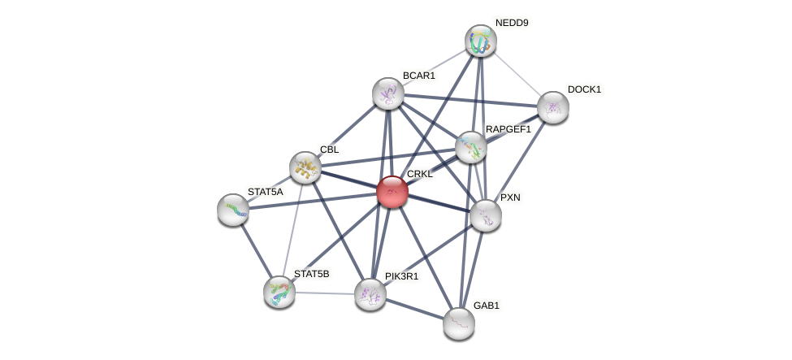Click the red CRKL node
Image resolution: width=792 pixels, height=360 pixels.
(x=392, y=192)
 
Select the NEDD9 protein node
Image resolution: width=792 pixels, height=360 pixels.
(x=481, y=41)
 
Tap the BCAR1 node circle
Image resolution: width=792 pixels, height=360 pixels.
(x=388, y=93)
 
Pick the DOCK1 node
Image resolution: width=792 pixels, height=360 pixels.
(x=553, y=107)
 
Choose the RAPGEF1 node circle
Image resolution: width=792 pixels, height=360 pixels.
(x=470, y=147)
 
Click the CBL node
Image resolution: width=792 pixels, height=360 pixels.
(x=305, y=167)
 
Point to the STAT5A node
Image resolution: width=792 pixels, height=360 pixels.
(x=233, y=210)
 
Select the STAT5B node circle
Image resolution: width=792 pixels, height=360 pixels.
(x=279, y=292)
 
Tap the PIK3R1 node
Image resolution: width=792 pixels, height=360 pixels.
(x=370, y=294)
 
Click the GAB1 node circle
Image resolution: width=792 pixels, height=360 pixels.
(x=459, y=323)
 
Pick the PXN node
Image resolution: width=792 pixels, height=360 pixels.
(x=486, y=215)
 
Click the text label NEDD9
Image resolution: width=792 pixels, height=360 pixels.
(x=512, y=23)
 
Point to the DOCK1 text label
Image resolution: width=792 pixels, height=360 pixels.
(x=584, y=89)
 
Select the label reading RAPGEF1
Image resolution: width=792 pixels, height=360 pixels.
(x=509, y=129)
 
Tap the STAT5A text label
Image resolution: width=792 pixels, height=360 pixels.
(x=266, y=192)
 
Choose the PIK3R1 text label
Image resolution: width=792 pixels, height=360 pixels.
(x=402, y=276)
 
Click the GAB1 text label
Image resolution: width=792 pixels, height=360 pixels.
(x=487, y=306)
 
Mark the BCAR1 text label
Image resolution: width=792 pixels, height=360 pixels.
(x=419, y=76)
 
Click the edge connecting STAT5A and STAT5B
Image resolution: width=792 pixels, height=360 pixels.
(x=256, y=250)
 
